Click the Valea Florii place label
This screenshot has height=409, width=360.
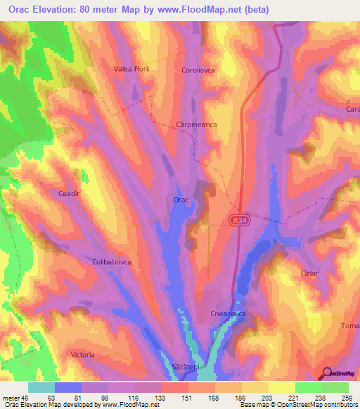pos(132,70)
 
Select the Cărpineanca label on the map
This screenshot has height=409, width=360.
pos(196,124)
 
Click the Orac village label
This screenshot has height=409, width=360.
pos(181,200)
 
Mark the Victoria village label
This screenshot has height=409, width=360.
pos(83,356)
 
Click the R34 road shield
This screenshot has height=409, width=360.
pos(238,221)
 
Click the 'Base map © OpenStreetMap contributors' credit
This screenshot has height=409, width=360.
pos(297,405)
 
